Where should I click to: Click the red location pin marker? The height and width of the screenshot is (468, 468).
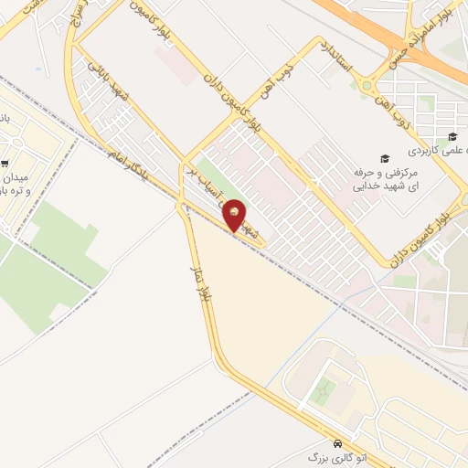point(235,216)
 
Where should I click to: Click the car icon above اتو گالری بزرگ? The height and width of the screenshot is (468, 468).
point(337,439)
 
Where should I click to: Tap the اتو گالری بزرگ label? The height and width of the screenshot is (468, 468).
point(327,454)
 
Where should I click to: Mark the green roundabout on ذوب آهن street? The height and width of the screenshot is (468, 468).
point(367,88)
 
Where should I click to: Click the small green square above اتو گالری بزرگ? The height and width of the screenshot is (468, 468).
point(321,393)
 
